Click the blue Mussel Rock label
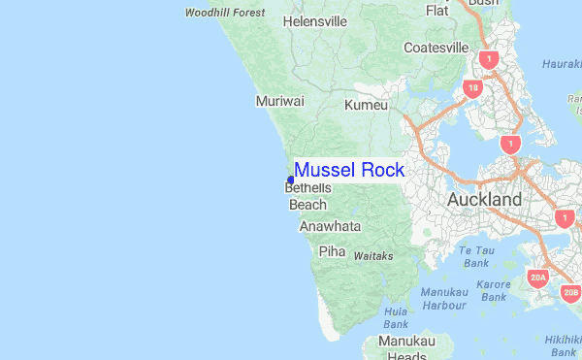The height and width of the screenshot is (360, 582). click(349, 170)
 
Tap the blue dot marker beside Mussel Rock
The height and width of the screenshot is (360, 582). click(291, 179)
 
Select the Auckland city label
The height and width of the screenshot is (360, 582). click(484, 200)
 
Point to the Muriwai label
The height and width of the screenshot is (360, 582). click(280, 101)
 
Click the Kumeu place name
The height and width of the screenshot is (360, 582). click(366, 105)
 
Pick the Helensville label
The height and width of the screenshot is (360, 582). click(315, 20)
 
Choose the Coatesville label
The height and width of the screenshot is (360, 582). click(436, 48)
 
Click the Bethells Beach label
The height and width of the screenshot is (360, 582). click(308, 195)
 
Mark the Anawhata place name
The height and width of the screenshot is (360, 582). click(330, 226)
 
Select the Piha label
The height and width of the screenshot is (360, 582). click(332, 250)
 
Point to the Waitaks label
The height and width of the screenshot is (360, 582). click(373, 256)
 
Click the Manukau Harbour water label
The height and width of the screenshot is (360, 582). click(443, 298)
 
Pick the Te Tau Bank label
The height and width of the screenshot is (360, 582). click(476, 256)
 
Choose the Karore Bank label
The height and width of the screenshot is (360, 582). click(494, 290)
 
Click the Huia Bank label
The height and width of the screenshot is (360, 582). click(396, 317)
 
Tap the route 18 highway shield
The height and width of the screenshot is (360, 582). click(472, 89)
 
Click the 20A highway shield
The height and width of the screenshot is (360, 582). click(538, 278)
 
